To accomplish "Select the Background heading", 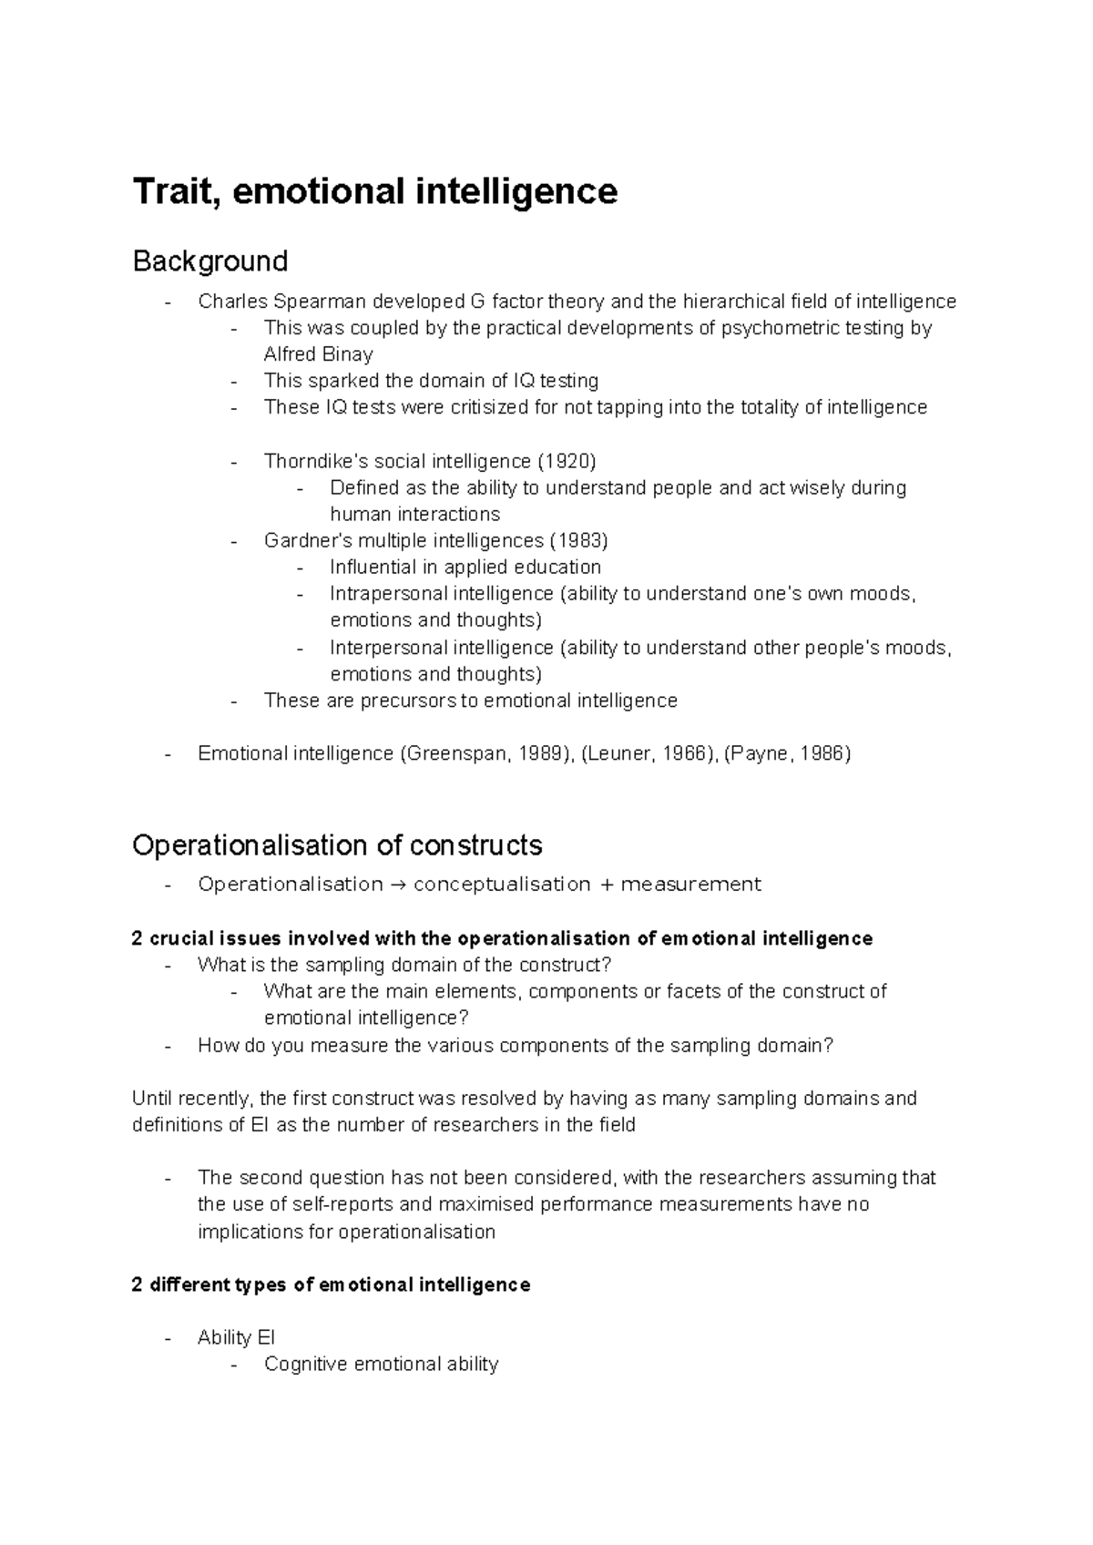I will click(x=209, y=262).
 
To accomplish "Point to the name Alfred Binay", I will click(x=318, y=354).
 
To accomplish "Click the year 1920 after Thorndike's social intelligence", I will click(x=565, y=461).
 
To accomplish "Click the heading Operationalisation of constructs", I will click(x=337, y=846).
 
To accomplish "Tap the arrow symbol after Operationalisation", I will click(x=398, y=885).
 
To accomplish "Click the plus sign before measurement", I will click(x=606, y=885).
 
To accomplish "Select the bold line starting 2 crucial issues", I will click(x=502, y=939).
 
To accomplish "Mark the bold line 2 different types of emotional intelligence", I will click(x=331, y=1285).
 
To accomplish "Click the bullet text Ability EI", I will click(x=236, y=1338).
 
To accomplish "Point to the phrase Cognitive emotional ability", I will click(x=381, y=1365).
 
